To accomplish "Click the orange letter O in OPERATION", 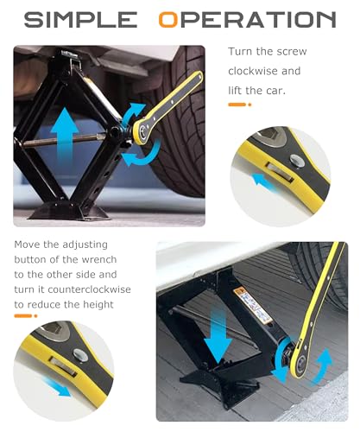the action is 168,20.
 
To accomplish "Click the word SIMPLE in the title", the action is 80,20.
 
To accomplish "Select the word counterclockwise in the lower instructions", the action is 89,289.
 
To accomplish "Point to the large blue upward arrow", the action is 65,136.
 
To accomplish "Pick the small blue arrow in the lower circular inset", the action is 57,387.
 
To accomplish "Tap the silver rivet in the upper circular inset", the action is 297,160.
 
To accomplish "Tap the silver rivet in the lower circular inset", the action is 80,355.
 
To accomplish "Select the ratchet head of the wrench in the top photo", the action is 142,132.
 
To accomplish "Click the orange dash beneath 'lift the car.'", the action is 237,105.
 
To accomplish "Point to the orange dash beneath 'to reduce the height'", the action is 22,316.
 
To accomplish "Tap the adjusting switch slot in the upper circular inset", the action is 280,172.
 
